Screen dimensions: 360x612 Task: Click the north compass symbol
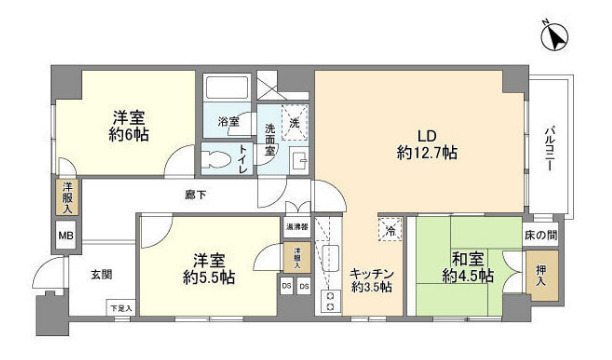point(554,38)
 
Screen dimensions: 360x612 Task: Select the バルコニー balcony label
point(550,151)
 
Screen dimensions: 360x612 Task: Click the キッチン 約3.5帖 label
point(371,279)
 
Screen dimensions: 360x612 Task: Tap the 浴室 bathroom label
point(229,122)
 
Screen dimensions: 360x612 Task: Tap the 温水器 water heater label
point(297,226)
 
